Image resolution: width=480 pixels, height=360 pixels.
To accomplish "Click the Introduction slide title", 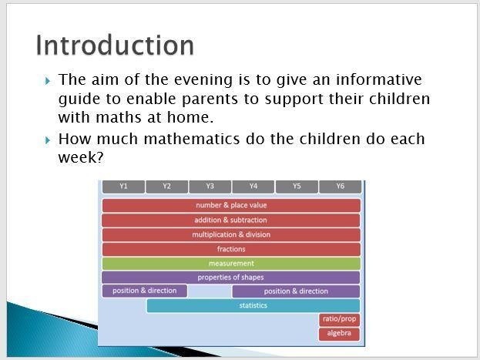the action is click(115, 45).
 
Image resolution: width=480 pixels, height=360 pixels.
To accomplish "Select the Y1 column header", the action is click(123, 187).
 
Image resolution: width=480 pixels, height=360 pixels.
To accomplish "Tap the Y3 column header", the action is click(210, 187).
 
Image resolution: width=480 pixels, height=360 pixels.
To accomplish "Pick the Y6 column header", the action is click(340, 187).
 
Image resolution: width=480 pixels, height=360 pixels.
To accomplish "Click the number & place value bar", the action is click(231, 205).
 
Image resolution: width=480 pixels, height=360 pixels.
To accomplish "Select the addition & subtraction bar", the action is click(231, 220).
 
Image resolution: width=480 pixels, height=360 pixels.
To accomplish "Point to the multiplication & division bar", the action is click(231, 234).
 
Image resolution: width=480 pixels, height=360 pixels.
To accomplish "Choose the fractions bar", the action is click(231, 249).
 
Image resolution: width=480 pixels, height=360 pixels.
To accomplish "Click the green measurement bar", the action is click(231, 264).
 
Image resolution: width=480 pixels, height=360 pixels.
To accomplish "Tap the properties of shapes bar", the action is click(231, 278).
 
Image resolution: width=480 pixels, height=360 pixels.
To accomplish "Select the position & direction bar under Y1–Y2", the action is click(145, 291).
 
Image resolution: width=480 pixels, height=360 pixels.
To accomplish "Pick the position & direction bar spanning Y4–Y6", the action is click(296, 291).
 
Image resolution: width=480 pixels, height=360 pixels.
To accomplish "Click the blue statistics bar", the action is click(253, 305).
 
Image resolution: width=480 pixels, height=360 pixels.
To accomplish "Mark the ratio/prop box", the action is click(339, 320).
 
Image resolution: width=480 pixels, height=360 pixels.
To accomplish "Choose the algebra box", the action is click(339, 334).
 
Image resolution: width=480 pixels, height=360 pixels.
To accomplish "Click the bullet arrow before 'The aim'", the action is click(48, 81).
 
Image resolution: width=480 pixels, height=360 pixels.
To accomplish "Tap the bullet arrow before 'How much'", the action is click(48, 140).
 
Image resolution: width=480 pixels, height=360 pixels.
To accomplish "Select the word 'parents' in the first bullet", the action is click(210, 99).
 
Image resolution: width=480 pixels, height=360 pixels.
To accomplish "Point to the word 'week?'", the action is click(81, 157).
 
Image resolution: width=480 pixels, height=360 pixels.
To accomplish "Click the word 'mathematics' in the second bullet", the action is click(192, 139).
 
